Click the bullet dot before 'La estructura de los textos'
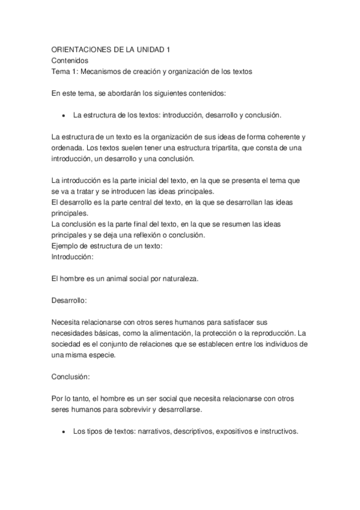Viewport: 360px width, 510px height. pos(63,115)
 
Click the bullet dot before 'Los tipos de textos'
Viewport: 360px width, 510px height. pos(63,431)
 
